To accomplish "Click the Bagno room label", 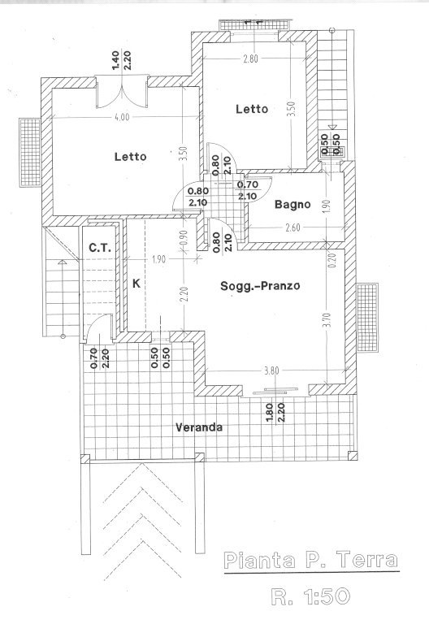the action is click(x=292, y=205).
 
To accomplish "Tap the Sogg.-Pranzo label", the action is click(x=260, y=286).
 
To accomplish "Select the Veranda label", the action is click(x=199, y=427).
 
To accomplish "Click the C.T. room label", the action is click(x=99, y=248).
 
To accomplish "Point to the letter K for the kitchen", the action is click(x=136, y=284).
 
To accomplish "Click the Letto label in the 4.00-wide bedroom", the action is click(x=131, y=156).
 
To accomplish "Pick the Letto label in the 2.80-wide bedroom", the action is click(x=252, y=109).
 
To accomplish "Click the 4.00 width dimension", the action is click(x=122, y=117).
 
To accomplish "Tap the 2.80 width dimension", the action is click(x=251, y=58).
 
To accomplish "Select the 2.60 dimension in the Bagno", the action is click(x=292, y=227).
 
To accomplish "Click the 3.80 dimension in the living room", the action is click(x=271, y=370).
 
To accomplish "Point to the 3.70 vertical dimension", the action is click(x=327, y=319).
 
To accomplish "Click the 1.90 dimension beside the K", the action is click(x=158, y=259).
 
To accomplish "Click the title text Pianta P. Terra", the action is click(x=311, y=561).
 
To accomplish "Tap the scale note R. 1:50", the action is click(x=310, y=596).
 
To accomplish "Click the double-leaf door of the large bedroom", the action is click(x=122, y=93).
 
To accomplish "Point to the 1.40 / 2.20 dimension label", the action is click(x=122, y=60).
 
